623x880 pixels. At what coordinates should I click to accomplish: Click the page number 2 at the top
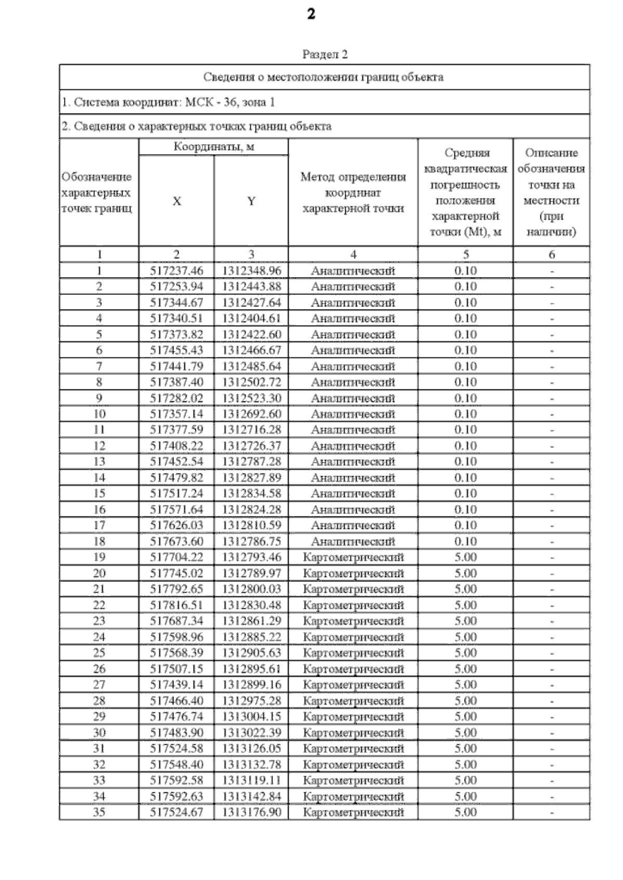pyautogui.click(x=310, y=14)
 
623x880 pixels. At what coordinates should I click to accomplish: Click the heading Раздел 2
pyautogui.click(x=324, y=54)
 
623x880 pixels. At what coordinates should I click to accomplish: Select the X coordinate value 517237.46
pyautogui.click(x=177, y=271)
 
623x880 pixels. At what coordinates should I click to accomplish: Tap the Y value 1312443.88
pyautogui.click(x=251, y=287)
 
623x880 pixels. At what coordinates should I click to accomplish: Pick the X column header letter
pyautogui.click(x=177, y=201)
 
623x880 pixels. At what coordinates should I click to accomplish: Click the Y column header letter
pyautogui.click(x=251, y=201)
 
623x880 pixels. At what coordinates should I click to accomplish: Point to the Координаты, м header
pyautogui.click(x=213, y=147)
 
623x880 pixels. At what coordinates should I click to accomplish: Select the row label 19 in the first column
pyautogui.click(x=99, y=557)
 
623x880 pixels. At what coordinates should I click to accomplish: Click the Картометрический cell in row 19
pyautogui.click(x=353, y=557)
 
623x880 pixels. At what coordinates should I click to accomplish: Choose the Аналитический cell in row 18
pyautogui.click(x=353, y=541)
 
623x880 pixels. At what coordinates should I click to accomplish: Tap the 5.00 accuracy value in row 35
pyautogui.click(x=465, y=812)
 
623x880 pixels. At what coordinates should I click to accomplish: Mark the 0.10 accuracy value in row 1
pyautogui.click(x=465, y=271)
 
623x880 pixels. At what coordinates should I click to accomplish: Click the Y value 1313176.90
pyautogui.click(x=251, y=812)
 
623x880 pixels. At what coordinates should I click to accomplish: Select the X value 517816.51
pyautogui.click(x=177, y=605)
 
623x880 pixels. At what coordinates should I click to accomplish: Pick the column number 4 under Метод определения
pyautogui.click(x=353, y=255)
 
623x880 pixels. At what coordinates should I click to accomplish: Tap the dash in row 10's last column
pyautogui.click(x=552, y=414)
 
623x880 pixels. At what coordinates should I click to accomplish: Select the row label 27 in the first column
pyautogui.click(x=99, y=685)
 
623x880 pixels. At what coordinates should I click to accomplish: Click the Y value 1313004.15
pyautogui.click(x=251, y=717)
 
